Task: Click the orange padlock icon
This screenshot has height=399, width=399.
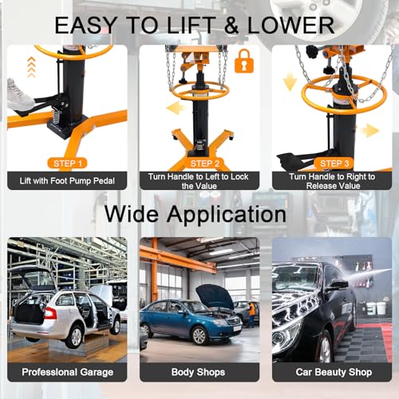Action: coord(244,61)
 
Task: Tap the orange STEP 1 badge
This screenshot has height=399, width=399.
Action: coord(68,164)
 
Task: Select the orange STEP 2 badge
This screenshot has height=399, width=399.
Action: coord(205,164)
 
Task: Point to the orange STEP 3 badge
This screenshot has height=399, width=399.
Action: coord(334,164)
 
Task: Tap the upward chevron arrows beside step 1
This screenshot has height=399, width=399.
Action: coord(31,67)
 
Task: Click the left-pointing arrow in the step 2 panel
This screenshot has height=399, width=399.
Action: coord(176,109)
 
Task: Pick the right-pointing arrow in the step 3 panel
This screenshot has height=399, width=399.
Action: coord(370,131)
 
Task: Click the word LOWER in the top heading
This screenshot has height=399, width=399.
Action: coord(290,26)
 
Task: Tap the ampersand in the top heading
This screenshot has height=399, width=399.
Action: coord(231,26)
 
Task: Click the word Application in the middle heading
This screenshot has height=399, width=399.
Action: coord(227,215)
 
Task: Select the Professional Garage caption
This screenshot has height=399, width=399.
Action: coord(67,372)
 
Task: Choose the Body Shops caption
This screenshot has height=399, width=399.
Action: coord(198,372)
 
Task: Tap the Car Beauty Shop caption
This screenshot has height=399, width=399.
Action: coord(334,372)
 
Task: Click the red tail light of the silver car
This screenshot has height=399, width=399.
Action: coord(50,313)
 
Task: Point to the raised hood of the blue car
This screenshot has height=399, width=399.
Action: coord(216,295)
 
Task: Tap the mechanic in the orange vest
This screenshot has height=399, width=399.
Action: coord(251,314)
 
